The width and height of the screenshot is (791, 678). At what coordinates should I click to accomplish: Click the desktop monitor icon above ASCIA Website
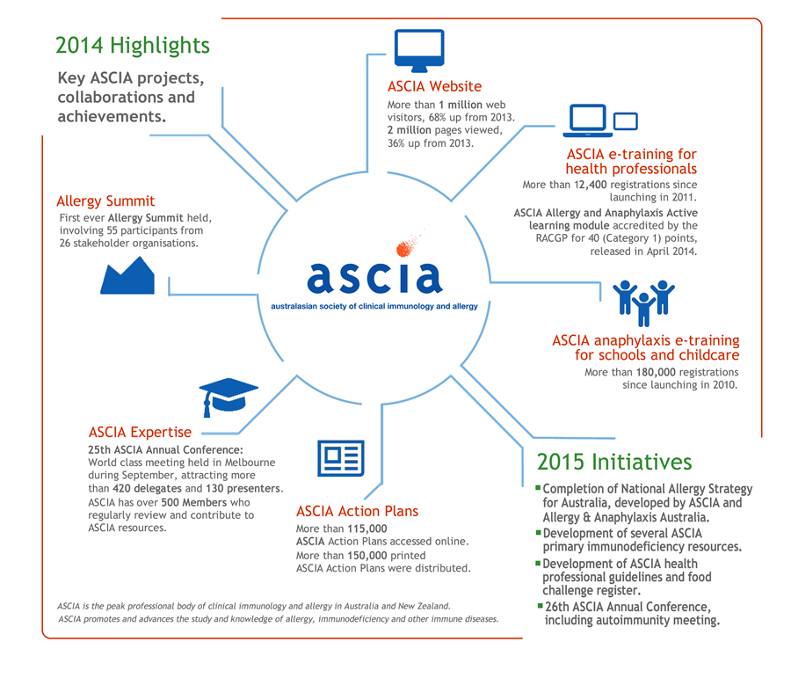[419, 50]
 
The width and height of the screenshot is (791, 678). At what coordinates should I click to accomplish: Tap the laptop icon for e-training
[588, 120]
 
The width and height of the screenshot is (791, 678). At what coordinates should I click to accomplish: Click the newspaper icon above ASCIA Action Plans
[341, 458]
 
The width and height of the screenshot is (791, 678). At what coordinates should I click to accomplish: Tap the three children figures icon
[643, 303]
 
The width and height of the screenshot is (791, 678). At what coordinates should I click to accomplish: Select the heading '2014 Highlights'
[133, 46]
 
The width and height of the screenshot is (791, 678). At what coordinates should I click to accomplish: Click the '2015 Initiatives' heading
[614, 462]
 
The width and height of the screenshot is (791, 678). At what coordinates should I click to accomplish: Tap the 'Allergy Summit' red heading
[105, 200]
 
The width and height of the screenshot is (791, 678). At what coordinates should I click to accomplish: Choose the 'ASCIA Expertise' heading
[140, 432]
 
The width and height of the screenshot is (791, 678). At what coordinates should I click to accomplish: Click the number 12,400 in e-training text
[591, 185]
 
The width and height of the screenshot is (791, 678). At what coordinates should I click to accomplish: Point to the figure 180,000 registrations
[656, 372]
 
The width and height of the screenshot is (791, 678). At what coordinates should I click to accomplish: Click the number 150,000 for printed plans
[367, 555]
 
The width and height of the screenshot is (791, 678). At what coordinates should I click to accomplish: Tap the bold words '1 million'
[461, 105]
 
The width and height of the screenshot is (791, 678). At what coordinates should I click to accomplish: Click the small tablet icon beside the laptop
[626, 121]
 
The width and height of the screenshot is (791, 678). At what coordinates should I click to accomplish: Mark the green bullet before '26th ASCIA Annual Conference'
[541, 605]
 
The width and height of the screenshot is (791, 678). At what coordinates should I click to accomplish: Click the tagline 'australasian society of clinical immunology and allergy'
[374, 306]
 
